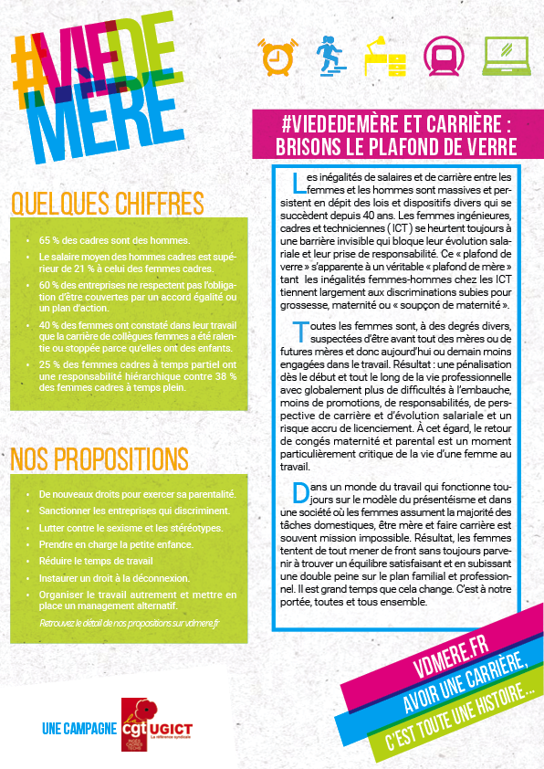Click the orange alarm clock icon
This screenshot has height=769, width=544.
[275, 58]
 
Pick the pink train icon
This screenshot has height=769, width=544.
[444, 57]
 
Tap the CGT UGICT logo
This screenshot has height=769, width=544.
[156, 726]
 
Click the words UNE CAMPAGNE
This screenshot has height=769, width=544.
[79, 728]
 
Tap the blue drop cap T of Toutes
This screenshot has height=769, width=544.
[300, 332]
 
